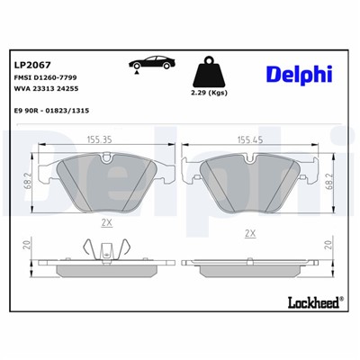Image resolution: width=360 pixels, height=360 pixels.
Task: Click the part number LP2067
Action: pos(31,64)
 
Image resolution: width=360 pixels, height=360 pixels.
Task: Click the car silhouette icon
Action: pos(148,65)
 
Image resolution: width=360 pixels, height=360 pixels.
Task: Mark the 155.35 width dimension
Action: pos(106,140)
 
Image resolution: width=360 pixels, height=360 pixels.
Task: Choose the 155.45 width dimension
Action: pos(252,140)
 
